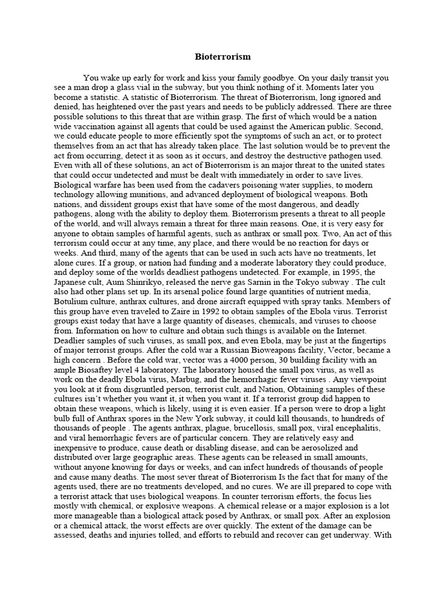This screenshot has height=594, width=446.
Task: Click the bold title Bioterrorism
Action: pyautogui.click(x=222, y=57)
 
